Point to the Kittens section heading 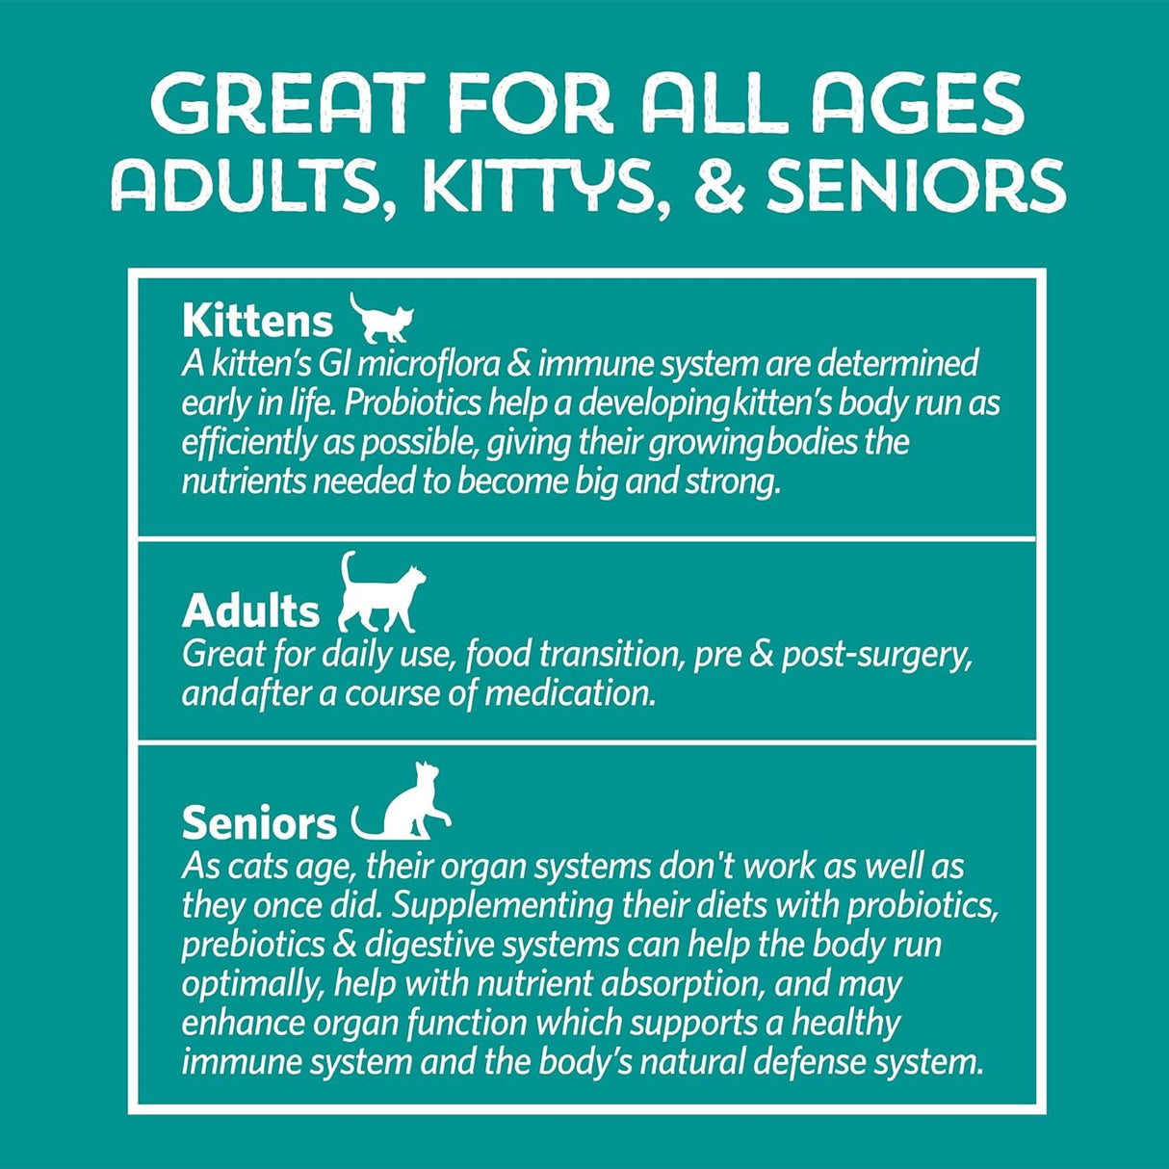257,321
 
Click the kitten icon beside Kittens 381,319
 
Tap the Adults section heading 251,611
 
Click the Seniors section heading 259,824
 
